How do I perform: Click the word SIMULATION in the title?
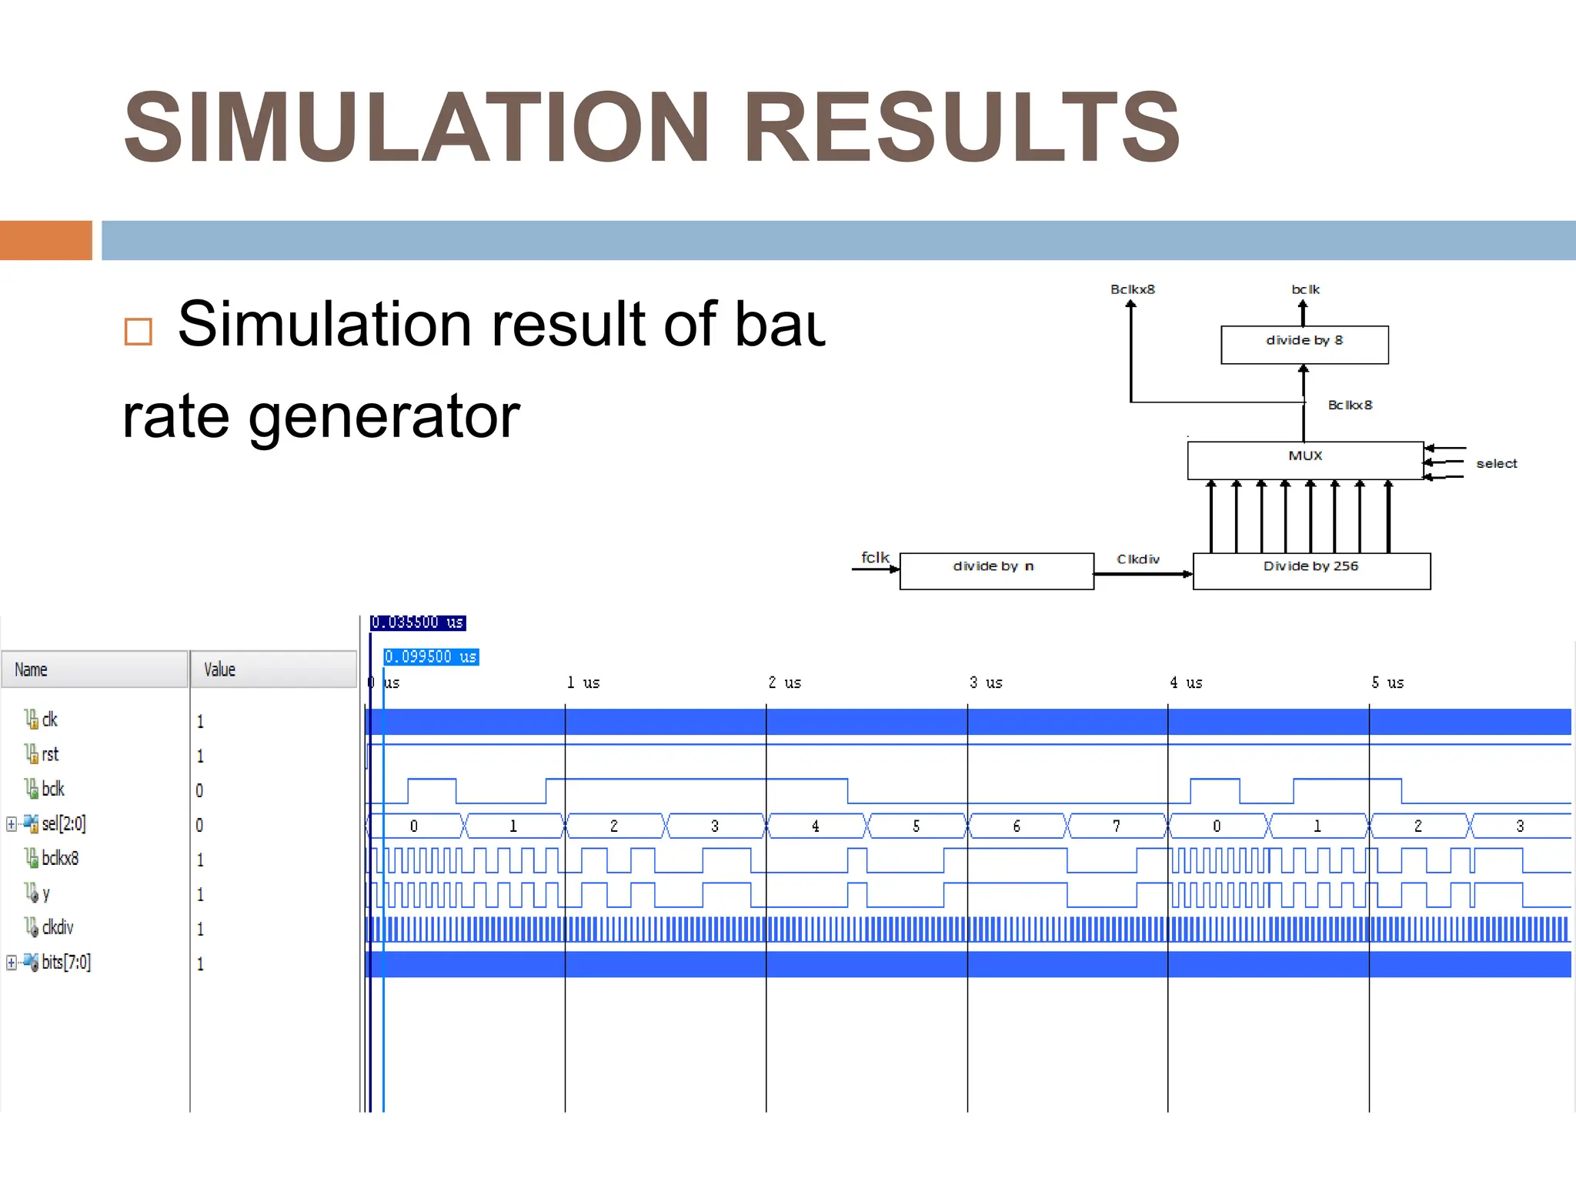(416, 128)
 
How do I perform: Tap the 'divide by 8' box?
(1304, 344)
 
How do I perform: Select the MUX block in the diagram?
(1305, 459)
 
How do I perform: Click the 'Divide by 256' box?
(1311, 570)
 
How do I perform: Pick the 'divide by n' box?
(996, 570)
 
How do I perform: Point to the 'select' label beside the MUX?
(1496, 463)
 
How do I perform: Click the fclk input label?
(874, 557)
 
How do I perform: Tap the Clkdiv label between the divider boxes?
(1137, 559)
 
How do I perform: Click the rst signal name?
(50, 754)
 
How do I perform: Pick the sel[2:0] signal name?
(63, 823)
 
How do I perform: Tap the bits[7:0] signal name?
(65, 962)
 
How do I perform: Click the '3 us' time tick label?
(986, 683)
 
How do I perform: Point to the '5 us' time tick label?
(1387, 683)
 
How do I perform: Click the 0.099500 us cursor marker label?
(431, 656)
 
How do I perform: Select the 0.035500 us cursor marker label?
(418, 622)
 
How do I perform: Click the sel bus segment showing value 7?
(1116, 826)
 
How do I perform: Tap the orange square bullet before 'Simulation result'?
(138, 332)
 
